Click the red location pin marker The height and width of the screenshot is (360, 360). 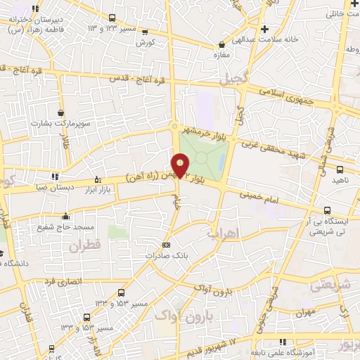pos(181,166)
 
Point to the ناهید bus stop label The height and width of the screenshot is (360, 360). pos(340,180)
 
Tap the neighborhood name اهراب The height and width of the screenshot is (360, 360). pos(224,232)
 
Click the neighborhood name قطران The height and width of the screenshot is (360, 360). pos(84,247)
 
